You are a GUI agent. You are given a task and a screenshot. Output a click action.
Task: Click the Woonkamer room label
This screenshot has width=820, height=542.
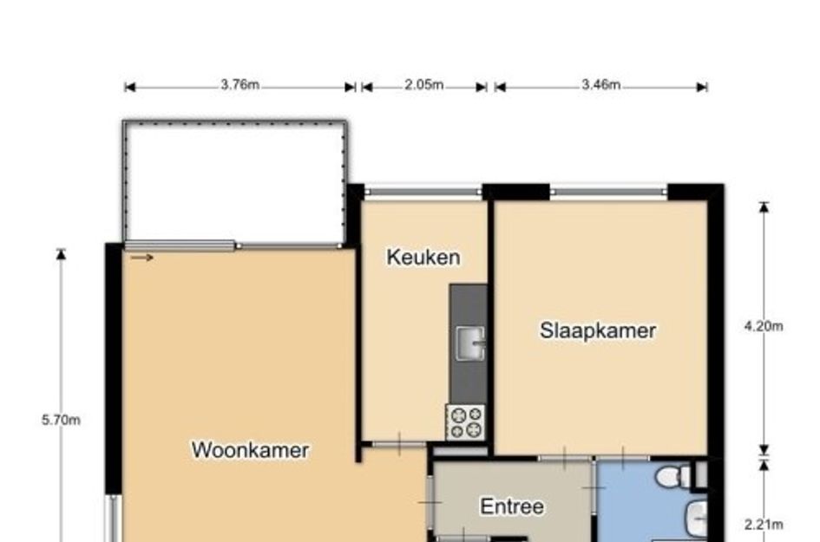point(250,450)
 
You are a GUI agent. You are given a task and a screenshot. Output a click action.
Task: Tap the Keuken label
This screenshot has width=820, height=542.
point(423,258)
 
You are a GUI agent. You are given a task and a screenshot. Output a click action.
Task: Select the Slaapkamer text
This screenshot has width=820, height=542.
point(598,330)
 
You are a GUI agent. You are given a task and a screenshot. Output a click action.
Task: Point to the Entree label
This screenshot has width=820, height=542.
point(511,506)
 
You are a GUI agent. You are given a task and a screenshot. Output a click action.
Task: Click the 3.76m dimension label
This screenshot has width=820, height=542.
point(239,85)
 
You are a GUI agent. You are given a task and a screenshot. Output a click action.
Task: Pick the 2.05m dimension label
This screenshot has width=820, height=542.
point(423,85)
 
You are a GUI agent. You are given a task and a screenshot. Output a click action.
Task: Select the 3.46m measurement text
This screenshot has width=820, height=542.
point(600,85)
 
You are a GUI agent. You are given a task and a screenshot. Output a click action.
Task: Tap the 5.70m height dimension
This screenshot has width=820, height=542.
point(61,421)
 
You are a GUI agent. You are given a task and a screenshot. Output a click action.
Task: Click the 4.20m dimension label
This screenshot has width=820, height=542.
point(764,326)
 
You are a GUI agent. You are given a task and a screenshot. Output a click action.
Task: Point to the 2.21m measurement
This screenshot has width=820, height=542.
point(764,524)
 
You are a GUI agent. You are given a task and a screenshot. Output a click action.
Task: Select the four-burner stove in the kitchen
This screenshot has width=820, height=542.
point(465,422)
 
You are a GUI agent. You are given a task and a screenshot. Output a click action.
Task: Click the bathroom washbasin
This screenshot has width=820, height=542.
point(696,519)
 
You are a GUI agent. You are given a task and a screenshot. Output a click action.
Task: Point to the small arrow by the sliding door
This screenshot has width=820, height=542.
point(142,257)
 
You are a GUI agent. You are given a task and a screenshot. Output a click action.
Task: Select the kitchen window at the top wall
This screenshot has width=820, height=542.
point(423,192)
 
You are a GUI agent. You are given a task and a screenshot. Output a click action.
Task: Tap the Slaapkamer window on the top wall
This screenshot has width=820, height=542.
point(607,192)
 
